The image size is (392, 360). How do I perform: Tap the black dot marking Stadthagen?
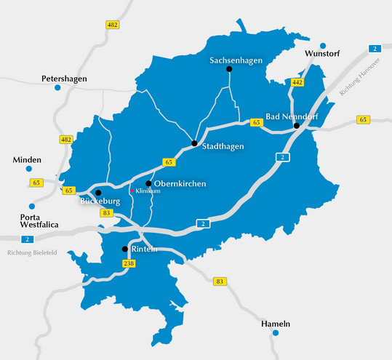(x=194, y=143)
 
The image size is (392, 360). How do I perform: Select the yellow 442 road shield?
(x=296, y=84)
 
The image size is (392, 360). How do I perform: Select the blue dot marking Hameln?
(x=276, y=333)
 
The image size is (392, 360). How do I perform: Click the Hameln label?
(x=276, y=323)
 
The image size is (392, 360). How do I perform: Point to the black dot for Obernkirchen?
(x=148, y=183)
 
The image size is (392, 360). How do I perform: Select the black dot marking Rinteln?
(x=125, y=249)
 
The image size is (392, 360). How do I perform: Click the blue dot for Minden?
(x=29, y=169)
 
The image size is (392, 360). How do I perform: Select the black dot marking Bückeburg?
(x=98, y=193)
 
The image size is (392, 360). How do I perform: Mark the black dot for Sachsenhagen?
(x=229, y=69)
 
